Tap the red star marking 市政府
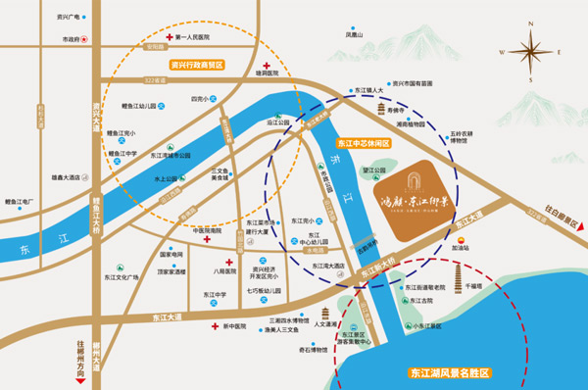(85, 39)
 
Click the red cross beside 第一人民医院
(169, 37)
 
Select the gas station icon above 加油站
(460, 235)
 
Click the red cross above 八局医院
(228, 264)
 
